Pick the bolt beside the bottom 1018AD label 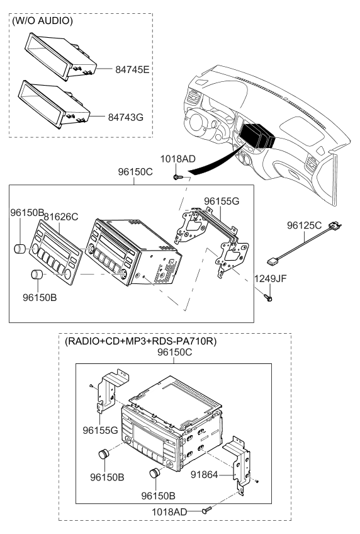coord(207,511)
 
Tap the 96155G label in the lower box coord(100,431)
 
